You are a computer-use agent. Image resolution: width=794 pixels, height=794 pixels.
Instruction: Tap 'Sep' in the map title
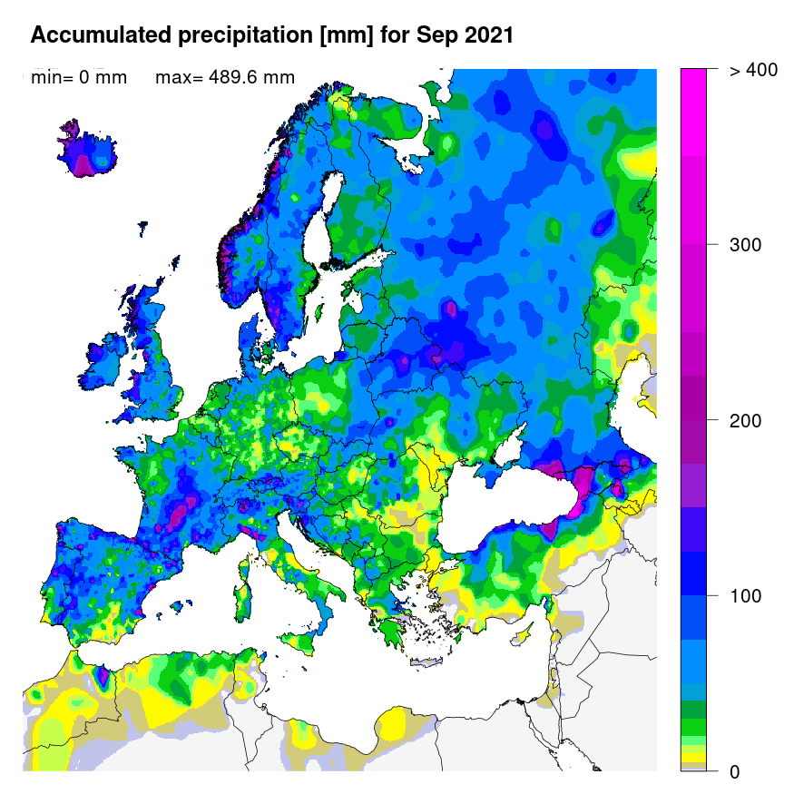[x=432, y=35]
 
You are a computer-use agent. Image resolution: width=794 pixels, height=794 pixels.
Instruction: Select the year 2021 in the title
[x=487, y=35]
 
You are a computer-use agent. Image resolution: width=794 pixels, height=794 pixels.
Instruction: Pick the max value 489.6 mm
[x=225, y=78]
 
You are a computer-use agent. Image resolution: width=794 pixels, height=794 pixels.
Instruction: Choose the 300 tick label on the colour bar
[x=747, y=245]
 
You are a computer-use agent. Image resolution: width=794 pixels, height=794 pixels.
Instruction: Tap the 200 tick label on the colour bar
[x=747, y=421]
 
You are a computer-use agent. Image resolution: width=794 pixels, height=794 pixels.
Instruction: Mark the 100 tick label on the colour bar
[x=747, y=596]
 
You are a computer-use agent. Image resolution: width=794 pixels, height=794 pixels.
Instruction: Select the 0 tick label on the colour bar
[x=734, y=771]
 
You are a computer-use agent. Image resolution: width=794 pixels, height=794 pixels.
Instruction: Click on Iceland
[x=87, y=150]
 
